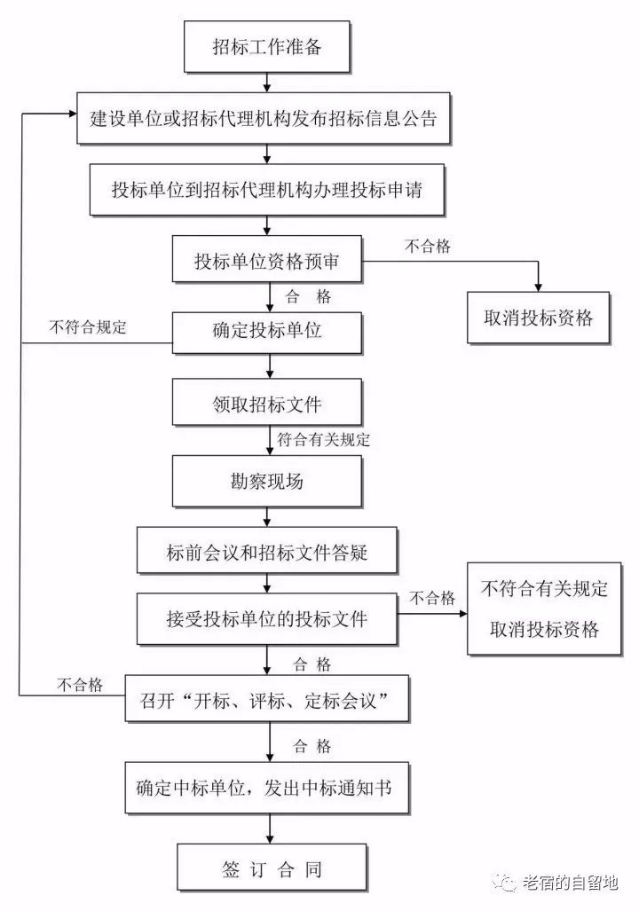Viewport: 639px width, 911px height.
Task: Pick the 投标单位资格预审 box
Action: pos(267,263)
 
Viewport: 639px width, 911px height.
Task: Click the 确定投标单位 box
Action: pos(267,332)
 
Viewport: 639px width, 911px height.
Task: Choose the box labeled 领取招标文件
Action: pos(267,404)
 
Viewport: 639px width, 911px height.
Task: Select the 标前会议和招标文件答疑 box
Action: pos(267,554)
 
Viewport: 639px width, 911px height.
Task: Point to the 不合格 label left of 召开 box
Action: pos(80,685)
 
